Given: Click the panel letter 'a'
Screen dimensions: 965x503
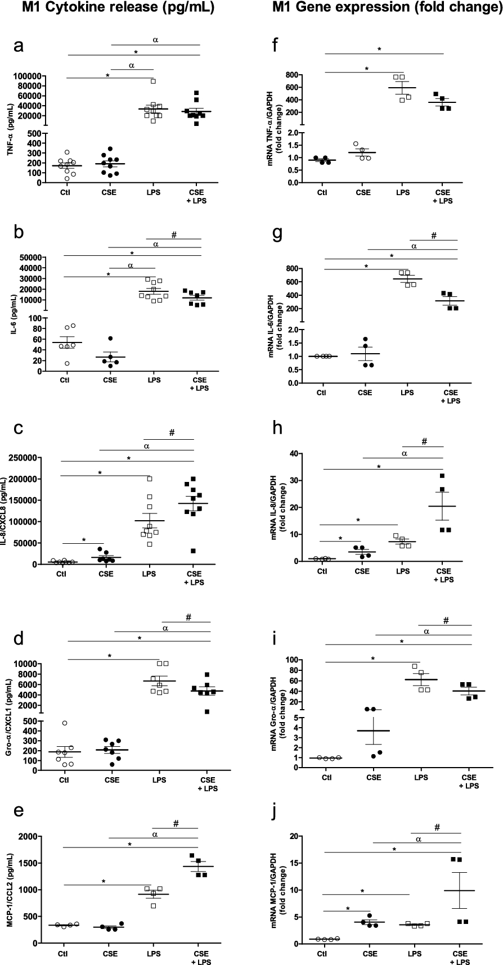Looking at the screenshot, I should coord(19,48).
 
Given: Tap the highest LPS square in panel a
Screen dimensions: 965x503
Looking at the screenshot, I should coord(153,81).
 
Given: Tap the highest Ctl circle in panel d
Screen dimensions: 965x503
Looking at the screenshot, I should coord(65,723).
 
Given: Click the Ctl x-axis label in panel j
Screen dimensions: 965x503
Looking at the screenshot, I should coord(322,954).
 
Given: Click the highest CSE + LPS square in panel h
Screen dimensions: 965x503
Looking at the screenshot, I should coord(442,476).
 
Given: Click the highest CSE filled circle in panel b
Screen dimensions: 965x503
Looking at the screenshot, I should coord(110,339).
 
